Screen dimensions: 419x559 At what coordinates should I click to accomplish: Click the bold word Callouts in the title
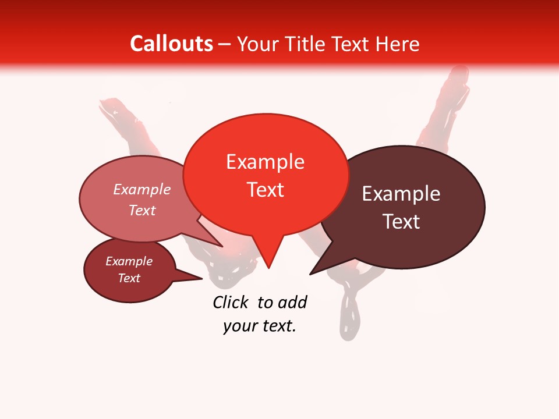point(172,44)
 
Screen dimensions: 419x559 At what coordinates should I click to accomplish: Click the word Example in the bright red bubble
point(265,162)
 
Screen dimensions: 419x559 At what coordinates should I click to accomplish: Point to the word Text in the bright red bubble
point(265,190)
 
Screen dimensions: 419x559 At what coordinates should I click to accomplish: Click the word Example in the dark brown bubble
point(401,194)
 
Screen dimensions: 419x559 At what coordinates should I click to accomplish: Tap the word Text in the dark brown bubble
point(401,222)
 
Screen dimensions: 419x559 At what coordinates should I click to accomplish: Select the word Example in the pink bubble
point(142,189)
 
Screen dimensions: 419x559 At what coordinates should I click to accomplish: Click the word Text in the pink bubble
point(142,210)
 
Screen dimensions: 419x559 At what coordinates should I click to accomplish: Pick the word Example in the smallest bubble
point(129,261)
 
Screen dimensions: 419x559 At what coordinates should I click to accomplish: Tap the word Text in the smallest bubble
point(129,278)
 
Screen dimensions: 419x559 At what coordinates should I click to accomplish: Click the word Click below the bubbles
point(230,302)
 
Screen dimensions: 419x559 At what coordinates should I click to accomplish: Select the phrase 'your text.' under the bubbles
point(260,326)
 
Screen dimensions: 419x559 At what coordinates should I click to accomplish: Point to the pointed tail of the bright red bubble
point(268,262)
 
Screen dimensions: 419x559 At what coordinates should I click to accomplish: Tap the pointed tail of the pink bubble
point(217,242)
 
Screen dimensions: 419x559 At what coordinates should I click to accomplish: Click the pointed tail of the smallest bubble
point(195,278)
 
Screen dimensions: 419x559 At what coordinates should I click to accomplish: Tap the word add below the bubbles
point(292,302)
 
